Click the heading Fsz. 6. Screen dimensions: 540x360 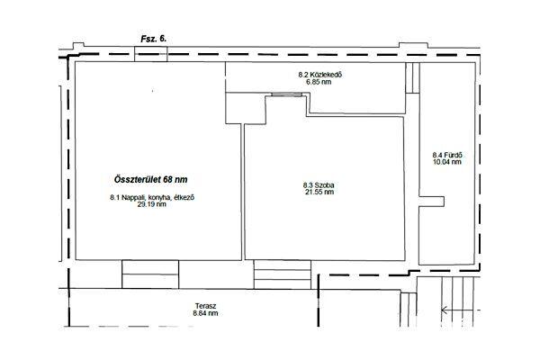[x=154, y=39]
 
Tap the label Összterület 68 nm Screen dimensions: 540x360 [x=151, y=179]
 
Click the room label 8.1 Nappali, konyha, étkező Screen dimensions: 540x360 [x=152, y=197]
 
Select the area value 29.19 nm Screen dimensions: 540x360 [x=152, y=204]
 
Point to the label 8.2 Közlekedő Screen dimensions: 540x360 [x=320, y=75]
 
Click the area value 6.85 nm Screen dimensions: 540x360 [x=319, y=82]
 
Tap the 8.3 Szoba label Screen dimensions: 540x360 [x=319, y=185]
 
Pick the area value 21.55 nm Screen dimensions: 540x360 [x=319, y=192]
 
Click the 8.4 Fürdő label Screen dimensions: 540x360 [x=447, y=155]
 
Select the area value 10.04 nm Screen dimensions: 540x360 [x=447, y=162]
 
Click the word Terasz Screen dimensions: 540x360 [x=205, y=306]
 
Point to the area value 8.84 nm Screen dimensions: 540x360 [x=205, y=313]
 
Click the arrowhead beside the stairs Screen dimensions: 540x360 [x=445, y=310]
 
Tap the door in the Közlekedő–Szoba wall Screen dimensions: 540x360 [x=286, y=94]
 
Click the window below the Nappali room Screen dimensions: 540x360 [x=150, y=274]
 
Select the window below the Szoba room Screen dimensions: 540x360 [x=283, y=274]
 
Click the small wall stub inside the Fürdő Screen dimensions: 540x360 [x=431, y=202]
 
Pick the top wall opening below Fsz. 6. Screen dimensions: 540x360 [x=151, y=54]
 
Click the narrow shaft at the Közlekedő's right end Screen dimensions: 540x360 [x=412, y=78]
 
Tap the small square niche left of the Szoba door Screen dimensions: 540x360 [x=246, y=108]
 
